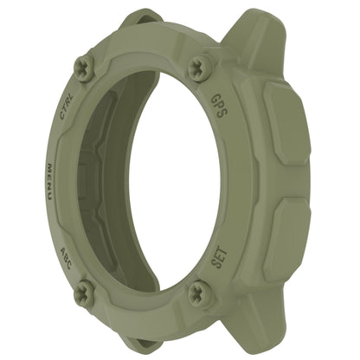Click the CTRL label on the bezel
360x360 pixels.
tap(66, 111)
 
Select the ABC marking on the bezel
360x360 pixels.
tap(68, 260)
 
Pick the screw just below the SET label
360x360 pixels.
tap(200, 292)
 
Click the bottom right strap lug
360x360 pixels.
tap(260, 325)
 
